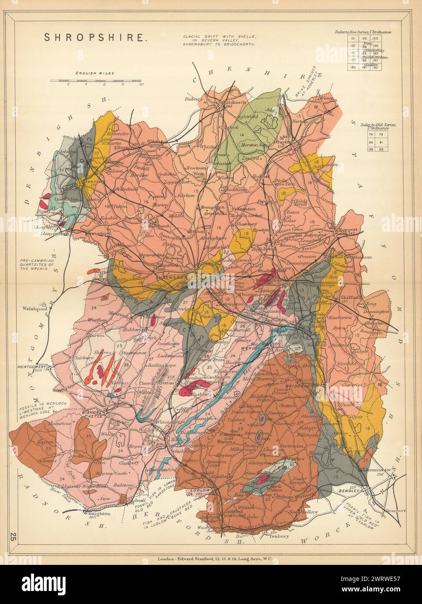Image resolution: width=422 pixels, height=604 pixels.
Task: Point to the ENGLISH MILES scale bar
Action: click(95, 81)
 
